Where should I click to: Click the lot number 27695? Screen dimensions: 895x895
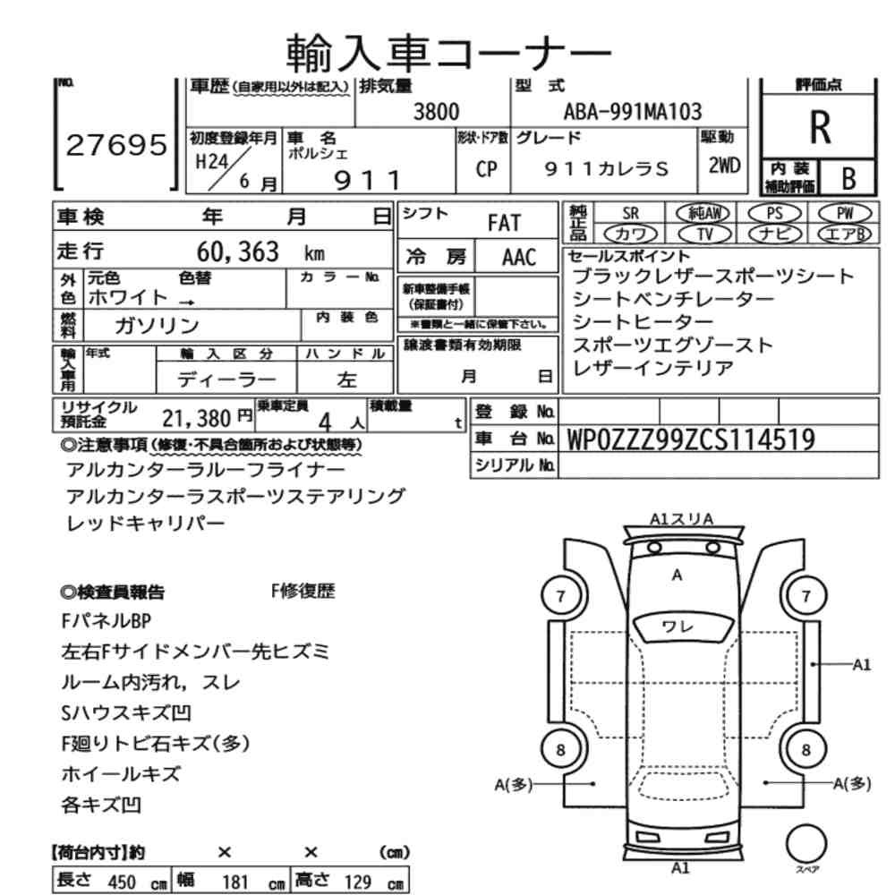(x=116, y=145)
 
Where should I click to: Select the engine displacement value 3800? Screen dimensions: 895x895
(x=436, y=111)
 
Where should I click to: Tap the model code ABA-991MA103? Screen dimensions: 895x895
(x=633, y=111)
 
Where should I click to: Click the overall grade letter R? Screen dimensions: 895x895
(x=820, y=127)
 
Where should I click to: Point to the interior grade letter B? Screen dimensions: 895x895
(x=848, y=179)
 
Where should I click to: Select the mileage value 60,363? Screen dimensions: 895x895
(x=238, y=251)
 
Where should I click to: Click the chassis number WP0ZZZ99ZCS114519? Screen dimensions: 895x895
(x=691, y=439)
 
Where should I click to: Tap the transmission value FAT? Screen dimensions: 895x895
(x=504, y=223)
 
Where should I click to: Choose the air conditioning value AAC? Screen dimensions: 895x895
(x=519, y=258)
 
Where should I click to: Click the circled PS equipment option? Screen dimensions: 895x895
(x=774, y=214)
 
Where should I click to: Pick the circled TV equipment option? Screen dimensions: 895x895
(x=705, y=234)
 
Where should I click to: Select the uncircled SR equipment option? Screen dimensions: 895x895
(x=630, y=214)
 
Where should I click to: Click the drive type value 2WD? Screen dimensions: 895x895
(x=724, y=166)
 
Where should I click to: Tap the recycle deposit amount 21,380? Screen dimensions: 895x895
(x=196, y=419)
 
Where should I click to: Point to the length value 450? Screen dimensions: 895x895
(x=122, y=882)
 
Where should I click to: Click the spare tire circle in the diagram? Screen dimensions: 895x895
(x=806, y=844)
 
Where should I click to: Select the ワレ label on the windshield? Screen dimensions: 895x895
(x=677, y=626)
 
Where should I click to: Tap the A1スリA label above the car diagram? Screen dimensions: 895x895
(x=681, y=519)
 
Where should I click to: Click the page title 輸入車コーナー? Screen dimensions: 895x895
(x=448, y=53)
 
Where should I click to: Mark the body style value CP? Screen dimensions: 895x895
(x=486, y=169)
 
